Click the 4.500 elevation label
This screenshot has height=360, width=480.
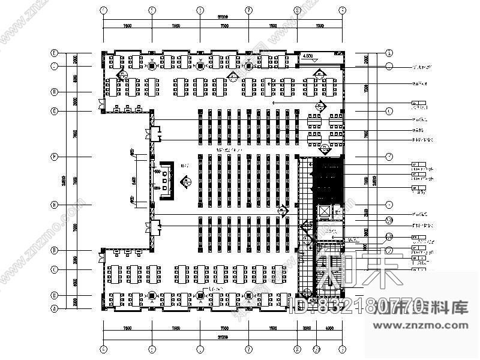tap(310, 56)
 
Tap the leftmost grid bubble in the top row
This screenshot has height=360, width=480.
tap(103, 10)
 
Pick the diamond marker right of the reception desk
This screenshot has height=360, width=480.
tap(186, 179)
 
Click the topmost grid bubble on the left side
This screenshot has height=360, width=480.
tap(54, 52)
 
